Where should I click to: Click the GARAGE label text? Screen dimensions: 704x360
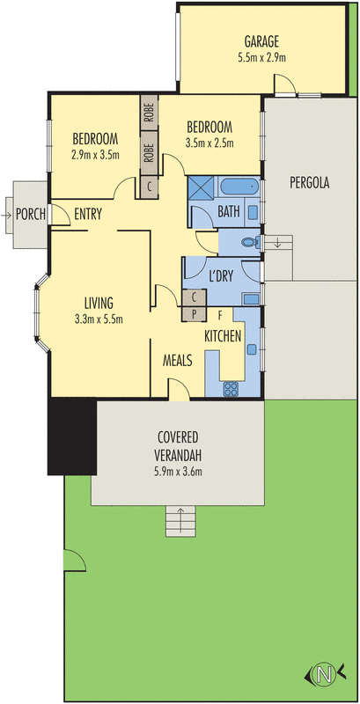(x=262, y=41)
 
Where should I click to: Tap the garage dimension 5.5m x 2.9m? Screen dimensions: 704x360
(x=262, y=57)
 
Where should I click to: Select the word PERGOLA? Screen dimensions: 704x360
(x=309, y=184)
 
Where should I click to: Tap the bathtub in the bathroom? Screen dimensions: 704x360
(x=238, y=187)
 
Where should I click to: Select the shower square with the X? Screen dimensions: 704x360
(x=201, y=188)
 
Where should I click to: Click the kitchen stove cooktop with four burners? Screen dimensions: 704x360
(x=232, y=387)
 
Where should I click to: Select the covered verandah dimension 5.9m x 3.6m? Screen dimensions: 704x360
(x=179, y=471)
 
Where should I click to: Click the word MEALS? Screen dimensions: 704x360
(x=179, y=360)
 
